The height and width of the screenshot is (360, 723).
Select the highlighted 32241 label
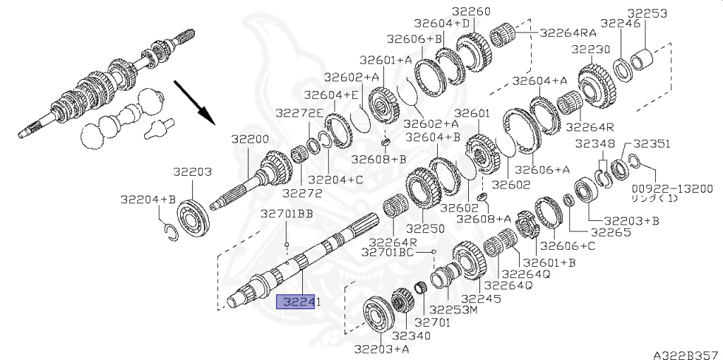(299, 302)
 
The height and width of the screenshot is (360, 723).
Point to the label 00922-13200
(672, 189)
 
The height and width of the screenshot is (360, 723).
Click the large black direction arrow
(194, 102)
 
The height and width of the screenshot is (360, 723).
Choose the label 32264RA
(568, 32)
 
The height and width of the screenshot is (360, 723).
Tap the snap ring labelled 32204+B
(171, 231)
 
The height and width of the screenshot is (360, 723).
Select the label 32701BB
(287, 214)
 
